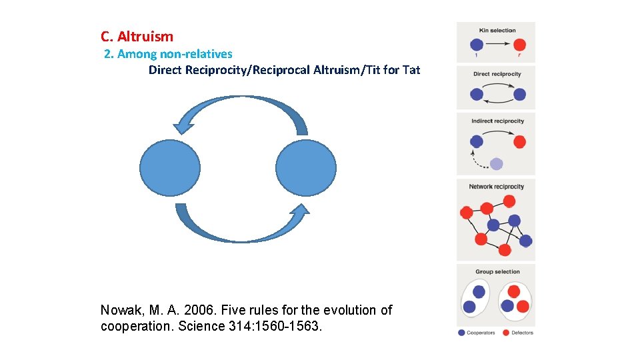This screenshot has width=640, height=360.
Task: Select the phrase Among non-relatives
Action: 175,54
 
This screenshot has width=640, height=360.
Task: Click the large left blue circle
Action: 170,167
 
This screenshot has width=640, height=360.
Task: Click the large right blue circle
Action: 306,167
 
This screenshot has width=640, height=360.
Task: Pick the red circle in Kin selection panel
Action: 520,45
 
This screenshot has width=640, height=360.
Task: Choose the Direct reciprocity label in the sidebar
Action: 497,74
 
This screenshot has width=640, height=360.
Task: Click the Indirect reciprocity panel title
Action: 497,121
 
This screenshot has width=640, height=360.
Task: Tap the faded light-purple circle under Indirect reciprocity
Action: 496,164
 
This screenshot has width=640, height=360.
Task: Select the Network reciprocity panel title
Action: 496,187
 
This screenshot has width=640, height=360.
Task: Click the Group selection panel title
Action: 497,272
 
